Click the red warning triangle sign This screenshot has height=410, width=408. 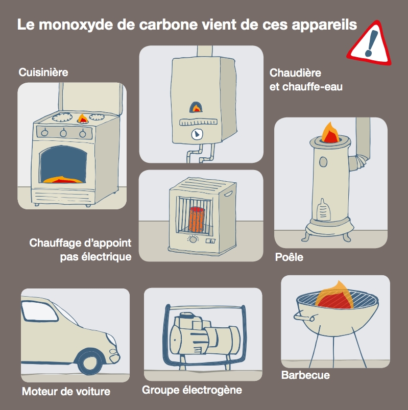tap(372, 43)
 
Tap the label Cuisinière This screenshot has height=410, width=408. tap(43, 73)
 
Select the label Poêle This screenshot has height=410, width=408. tap(289, 257)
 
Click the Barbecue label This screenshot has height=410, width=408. tap(305, 375)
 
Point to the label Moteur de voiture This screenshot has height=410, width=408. tap(66, 392)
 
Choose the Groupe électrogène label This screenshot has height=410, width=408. tap(192, 391)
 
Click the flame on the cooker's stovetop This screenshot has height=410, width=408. tap(82, 118)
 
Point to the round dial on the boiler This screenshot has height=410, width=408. tap(197, 134)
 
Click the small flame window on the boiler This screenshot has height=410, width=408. tap(196, 107)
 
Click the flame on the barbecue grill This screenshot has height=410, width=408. tap(334, 296)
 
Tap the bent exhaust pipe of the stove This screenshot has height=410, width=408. tap(360, 158)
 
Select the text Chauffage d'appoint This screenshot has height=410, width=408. tap(80, 242)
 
